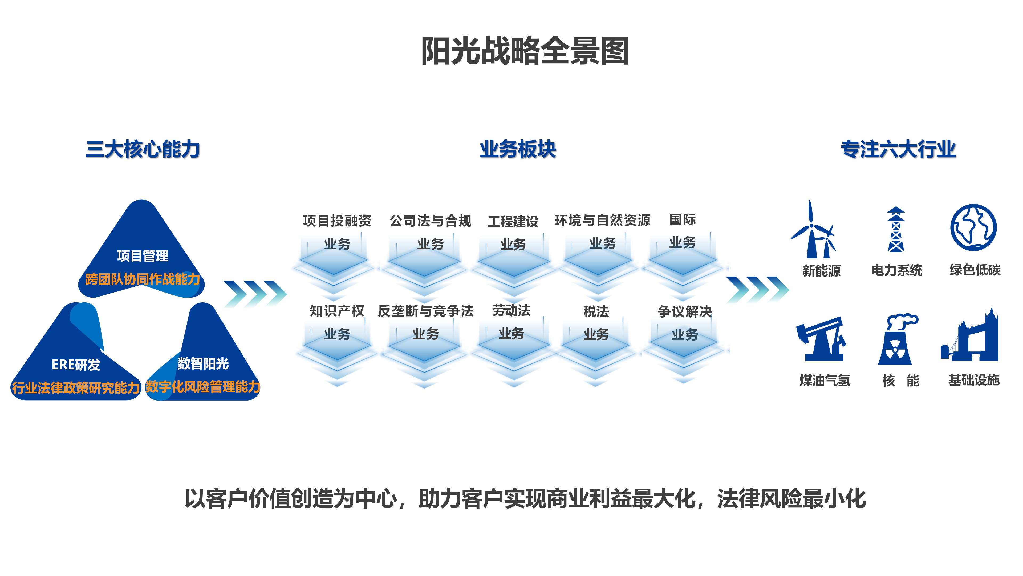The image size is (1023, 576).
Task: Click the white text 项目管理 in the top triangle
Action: click(143, 256)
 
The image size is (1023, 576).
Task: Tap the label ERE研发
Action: click(76, 365)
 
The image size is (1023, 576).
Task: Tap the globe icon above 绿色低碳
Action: click(973, 227)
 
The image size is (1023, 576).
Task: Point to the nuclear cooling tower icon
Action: click(896, 340)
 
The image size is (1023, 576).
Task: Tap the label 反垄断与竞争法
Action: click(425, 311)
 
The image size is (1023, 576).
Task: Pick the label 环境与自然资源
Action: click(602, 220)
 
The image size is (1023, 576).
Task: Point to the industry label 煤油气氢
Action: click(825, 381)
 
